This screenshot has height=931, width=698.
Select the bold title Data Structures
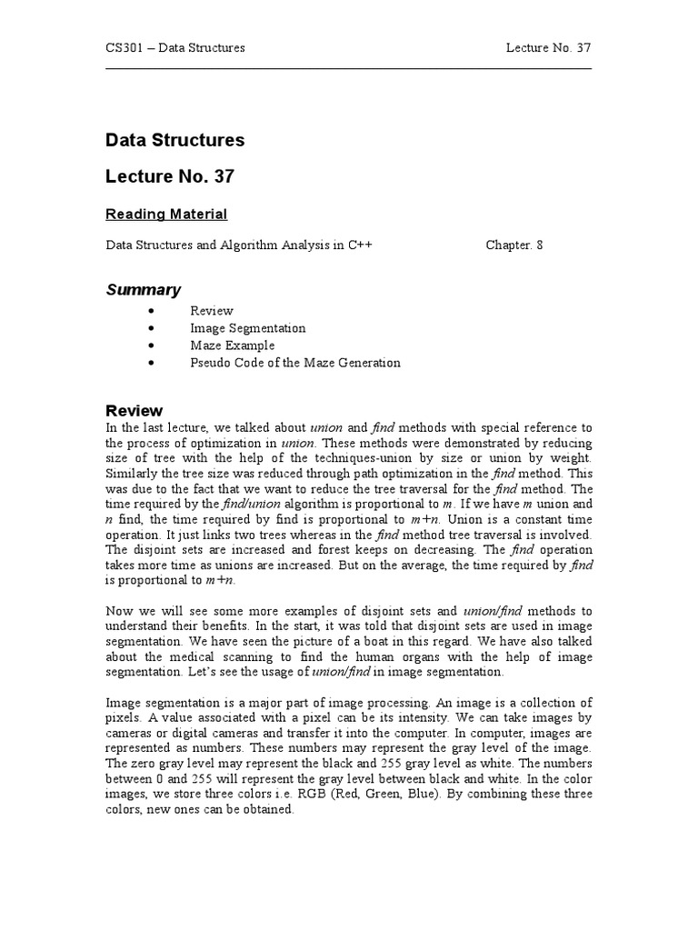pyautogui.click(x=175, y=140)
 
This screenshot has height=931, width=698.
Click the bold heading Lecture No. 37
pyautogui.click(x=170, y=177)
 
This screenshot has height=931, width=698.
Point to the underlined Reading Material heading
pyautogui.click(x=166, y=214)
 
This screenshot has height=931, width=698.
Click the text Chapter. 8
pyautogui.click(x=514, y=245)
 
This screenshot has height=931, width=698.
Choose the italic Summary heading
pyautogui.click(x=144, y=290)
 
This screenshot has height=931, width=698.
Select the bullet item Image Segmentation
pyautogui.click(x=247, y=328)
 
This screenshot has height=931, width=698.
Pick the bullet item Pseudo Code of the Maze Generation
pyautogui.click(x=294, y=363)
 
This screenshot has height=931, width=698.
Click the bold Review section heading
pyautogui.click(x=135, y=410)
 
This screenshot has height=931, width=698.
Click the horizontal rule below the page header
pyautogui.click(x=349, y=67)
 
